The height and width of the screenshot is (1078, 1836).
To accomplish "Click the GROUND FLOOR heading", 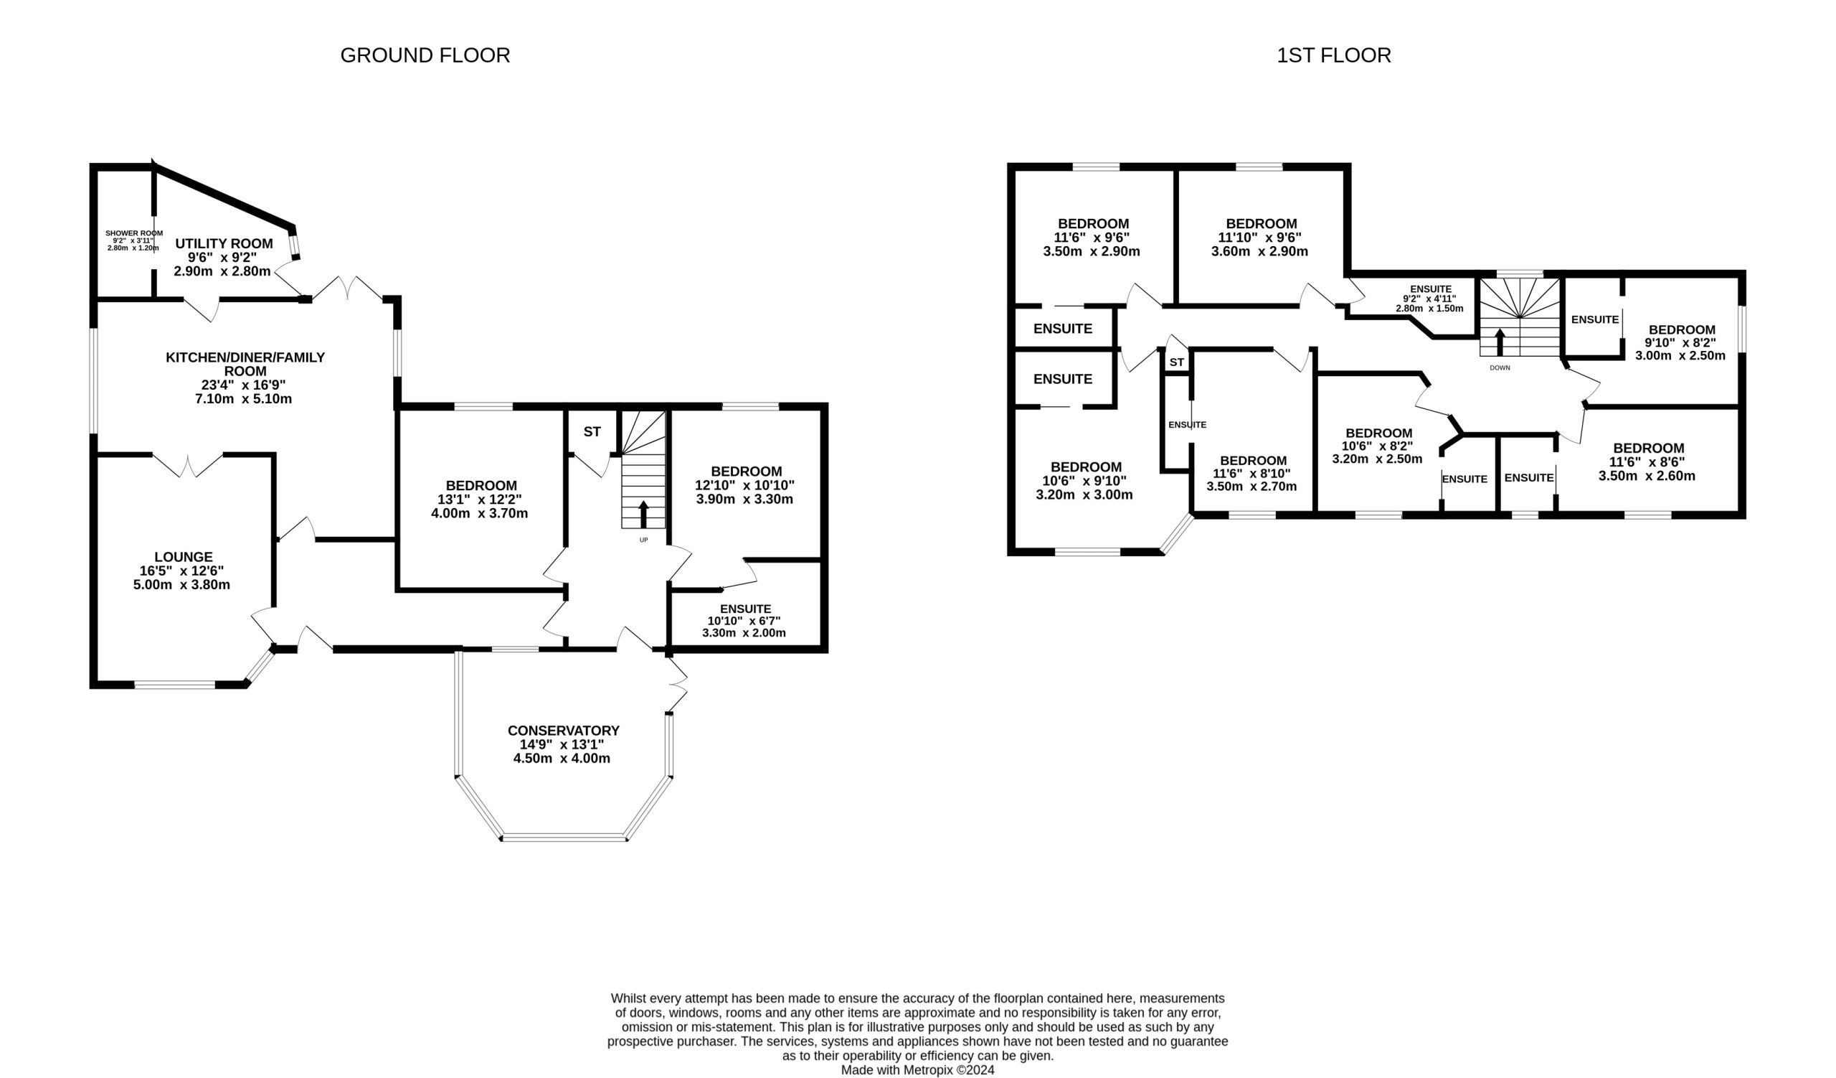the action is coord(425,55).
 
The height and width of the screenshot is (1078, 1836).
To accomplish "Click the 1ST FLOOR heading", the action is coord(1333,55).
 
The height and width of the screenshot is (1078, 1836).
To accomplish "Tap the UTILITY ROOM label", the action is coord(224,243).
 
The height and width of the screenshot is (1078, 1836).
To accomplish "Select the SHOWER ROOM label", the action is coord(134,233).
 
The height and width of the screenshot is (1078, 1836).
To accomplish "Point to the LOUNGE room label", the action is coord(184,557).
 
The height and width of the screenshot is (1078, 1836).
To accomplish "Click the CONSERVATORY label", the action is coord(563,731).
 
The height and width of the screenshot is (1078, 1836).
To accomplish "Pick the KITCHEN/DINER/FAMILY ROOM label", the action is coord(245,364).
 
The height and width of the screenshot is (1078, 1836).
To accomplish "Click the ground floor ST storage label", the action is coord(592,431).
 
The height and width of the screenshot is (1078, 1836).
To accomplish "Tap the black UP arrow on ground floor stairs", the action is coord(643,514).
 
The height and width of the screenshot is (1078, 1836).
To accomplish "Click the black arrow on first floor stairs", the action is coord(1500,342).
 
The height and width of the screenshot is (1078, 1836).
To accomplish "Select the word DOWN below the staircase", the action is coord(1500,368).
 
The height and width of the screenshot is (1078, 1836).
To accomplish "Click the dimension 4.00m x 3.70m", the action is coord(479,513).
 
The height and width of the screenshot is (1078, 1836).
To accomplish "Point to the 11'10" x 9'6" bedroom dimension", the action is coord(1259,238).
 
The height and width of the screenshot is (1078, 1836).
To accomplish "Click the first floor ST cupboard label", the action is coord(1177,362).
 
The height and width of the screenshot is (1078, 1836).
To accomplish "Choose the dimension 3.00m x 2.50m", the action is coord(1680,356).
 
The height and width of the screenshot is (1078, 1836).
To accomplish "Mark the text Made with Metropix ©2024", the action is coord(917,1070).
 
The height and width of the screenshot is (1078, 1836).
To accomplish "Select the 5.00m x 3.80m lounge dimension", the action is coord(181,584).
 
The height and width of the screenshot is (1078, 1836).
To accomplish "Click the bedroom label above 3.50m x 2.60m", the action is coord(1648,449).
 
